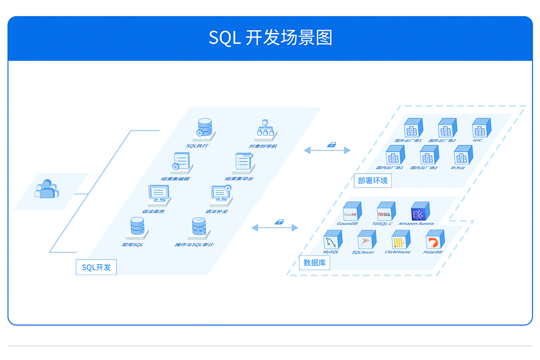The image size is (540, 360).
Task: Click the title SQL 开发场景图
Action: (270, 38)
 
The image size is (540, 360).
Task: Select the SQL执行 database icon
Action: (205, 127)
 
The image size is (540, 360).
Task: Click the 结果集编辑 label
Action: (175, 179)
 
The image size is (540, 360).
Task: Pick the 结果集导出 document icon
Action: (243, 162)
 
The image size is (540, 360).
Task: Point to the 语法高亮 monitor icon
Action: (158, 194)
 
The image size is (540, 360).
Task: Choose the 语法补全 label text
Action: (216, 211)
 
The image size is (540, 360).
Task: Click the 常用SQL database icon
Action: (137, 227)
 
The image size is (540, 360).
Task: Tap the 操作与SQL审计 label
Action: (194, 245)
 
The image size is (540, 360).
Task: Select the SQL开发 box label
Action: (96, 267)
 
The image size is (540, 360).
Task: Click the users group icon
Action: (46, 189)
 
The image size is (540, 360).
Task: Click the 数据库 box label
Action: (315, 263)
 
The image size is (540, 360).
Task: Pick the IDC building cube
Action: (480, 128)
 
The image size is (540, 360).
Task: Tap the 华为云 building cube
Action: (462, 156)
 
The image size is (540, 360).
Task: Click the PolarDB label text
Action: (433, 252)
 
